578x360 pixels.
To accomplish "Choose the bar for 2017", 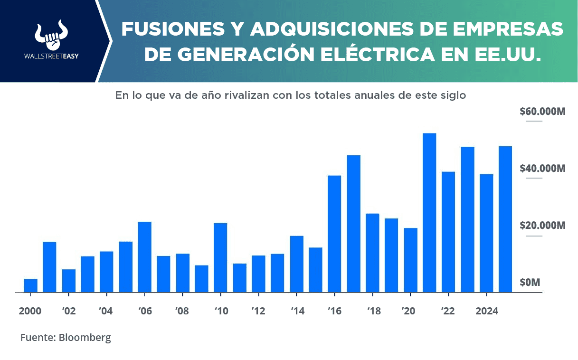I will click(x=353, y=224).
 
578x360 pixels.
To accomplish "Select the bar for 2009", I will click(x=201, y=279).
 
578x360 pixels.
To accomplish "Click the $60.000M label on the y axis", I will click(x=542, y=112).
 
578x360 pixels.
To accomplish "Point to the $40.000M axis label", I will click(x=542, y=169).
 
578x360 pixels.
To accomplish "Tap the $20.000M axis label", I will click(x=542, y=225).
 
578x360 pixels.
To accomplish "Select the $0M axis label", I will click(x=530, y=283).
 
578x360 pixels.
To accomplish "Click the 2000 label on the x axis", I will click(x=30, y=311).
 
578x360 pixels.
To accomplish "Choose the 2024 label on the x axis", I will click(x=486, y=311).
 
